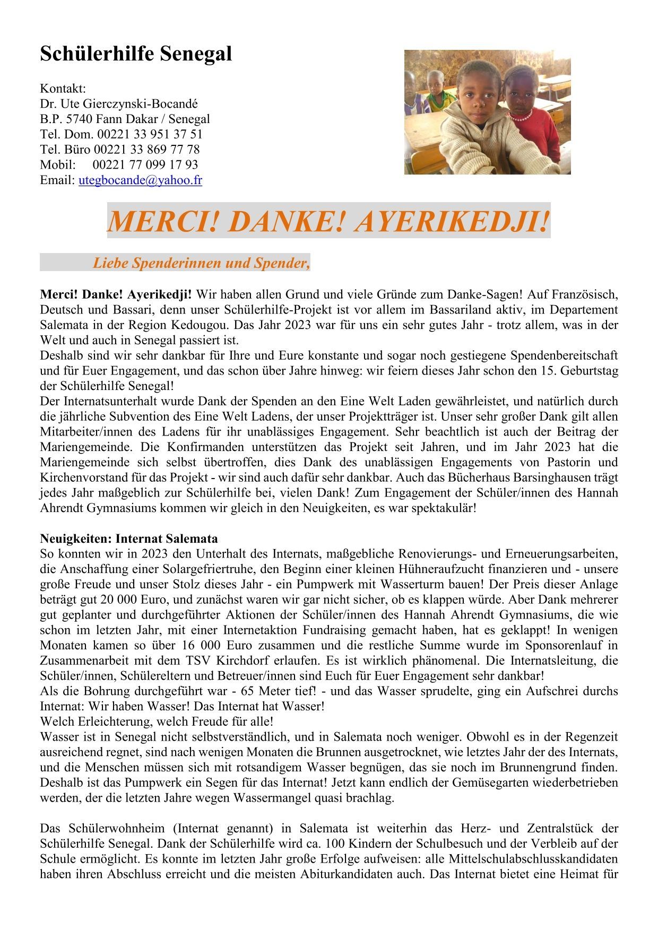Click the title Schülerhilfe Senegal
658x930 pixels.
click(136, 54)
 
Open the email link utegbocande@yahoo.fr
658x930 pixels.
click(140, 180)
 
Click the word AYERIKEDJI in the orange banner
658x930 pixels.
click(451, 221)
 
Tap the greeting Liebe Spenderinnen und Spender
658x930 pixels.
click(201, 263)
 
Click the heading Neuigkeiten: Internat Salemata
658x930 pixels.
click(129, 538)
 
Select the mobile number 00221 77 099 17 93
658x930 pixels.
click(145, 164)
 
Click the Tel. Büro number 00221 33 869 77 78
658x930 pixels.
click(146, 149)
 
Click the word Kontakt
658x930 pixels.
click(63, 88)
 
